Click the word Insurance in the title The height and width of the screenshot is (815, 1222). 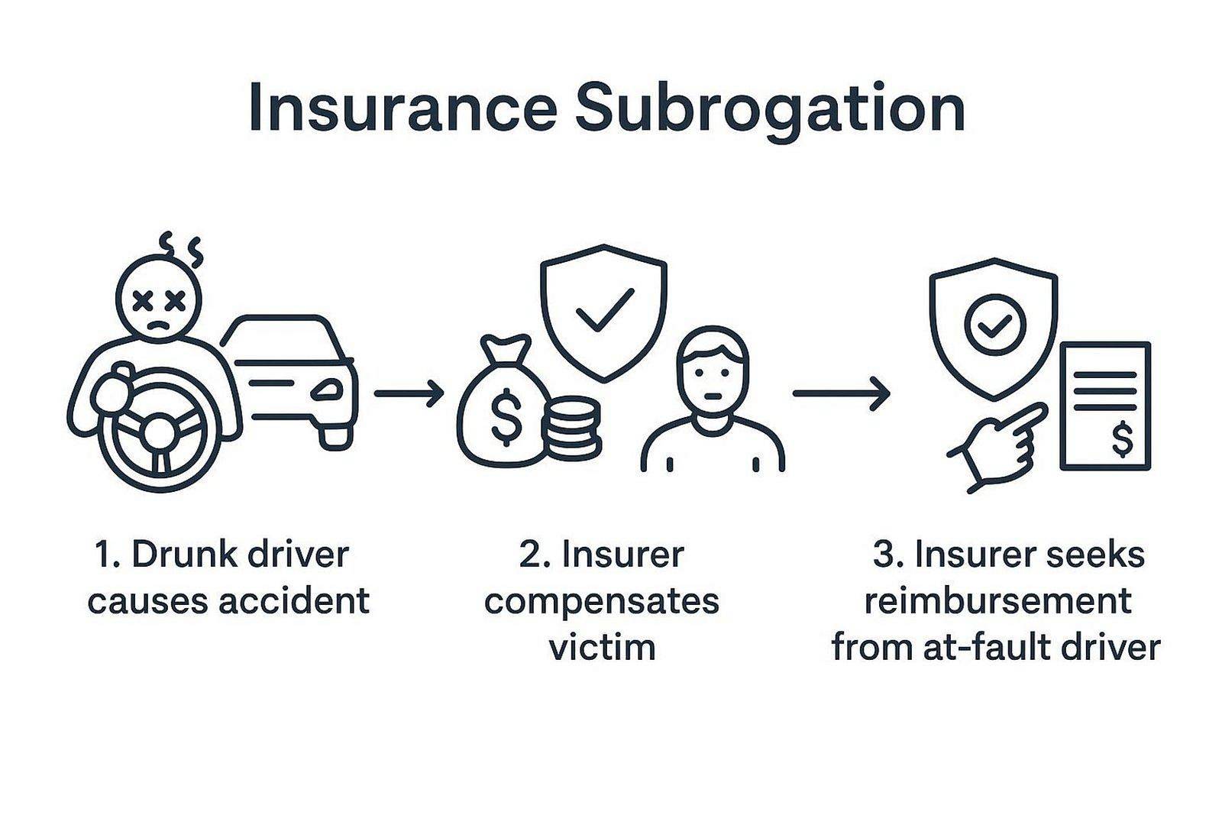pyautogui.click(x=402, y=109)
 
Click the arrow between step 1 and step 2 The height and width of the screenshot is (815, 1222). pyautogui.click(x=409, y=393)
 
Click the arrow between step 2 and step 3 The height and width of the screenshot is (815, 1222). pyautogui.click(x=841, y=393)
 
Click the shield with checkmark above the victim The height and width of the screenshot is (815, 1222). pyautogui.click(x=603, y=309)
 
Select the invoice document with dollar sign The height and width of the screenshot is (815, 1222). pyautogui.click(x=1104, y=406)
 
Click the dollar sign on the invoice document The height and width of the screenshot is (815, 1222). pyautogui.click(x=1123, y=439)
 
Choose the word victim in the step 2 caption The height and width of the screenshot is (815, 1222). pyautogui.click(x=603, y=647)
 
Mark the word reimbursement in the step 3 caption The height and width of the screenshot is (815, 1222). pyautogui.click(x=997, y=600)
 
